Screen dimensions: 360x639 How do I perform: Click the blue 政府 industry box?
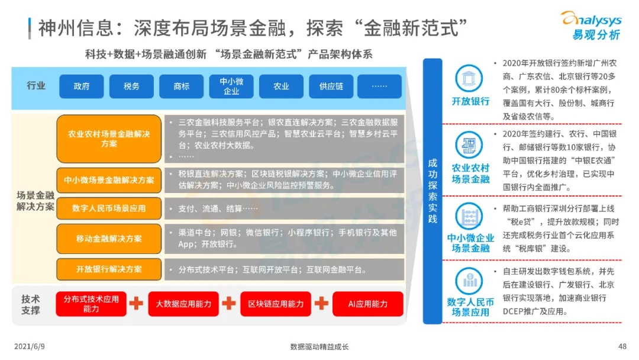(x=81, y=86)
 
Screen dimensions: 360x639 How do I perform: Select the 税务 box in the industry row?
(x=131, y=86)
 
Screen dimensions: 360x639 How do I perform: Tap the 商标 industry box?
(x=182, y=86)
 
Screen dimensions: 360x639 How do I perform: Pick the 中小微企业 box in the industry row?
(x=231, y=86)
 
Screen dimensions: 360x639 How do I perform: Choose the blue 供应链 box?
(x=331, y=86)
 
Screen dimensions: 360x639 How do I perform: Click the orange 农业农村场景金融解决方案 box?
(x=109, y=139)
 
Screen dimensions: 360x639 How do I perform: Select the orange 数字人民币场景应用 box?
(x=109, y=208)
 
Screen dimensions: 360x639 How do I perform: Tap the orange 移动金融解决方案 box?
(x=109, y=239)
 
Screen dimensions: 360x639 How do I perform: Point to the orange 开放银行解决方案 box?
(x=109, y=269)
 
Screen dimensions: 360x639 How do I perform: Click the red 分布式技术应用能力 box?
(x=91, y=304)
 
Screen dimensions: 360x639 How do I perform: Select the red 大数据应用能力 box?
(x=183, y=304)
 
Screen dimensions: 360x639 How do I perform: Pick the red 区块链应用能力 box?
(x=276, y=304)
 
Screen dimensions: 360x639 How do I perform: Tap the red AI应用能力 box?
(x=368, y=304)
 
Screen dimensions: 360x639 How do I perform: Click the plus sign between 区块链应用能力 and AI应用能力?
(x=321, y=304)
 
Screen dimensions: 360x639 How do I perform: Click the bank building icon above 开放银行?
(x=470, y=78)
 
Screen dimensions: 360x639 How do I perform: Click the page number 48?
(x=622, y=346)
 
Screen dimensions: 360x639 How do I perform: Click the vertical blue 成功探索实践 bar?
(x=433, y=191)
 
